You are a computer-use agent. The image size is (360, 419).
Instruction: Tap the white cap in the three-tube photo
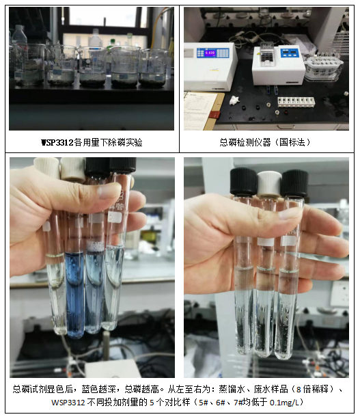coord(269,184)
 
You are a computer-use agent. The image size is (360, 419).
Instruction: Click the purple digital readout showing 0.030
coord(210,53)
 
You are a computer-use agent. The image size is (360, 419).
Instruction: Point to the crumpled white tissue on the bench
coord(235,100)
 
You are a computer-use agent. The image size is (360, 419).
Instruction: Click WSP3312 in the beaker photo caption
coord(57,142)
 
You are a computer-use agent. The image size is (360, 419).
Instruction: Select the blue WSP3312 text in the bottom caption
coord(68,402)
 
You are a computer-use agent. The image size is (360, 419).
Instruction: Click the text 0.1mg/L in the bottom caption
coord(285,402)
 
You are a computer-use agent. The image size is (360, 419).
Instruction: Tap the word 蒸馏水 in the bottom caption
coord(232,389)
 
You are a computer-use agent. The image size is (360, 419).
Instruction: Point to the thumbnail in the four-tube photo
coord(109,191)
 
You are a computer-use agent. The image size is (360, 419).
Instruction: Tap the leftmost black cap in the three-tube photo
coord(243,181)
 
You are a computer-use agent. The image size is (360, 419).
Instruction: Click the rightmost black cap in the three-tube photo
coord(294,184)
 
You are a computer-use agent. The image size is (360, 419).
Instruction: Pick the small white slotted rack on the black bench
coord(296,102)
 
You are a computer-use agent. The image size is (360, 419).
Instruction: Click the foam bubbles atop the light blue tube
coord(95,247)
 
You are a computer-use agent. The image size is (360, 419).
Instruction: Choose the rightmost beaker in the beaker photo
coord(153,68)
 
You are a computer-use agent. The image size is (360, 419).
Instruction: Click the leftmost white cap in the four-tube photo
coord(46,167)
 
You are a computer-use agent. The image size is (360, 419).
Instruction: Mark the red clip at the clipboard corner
coord(214,115)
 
